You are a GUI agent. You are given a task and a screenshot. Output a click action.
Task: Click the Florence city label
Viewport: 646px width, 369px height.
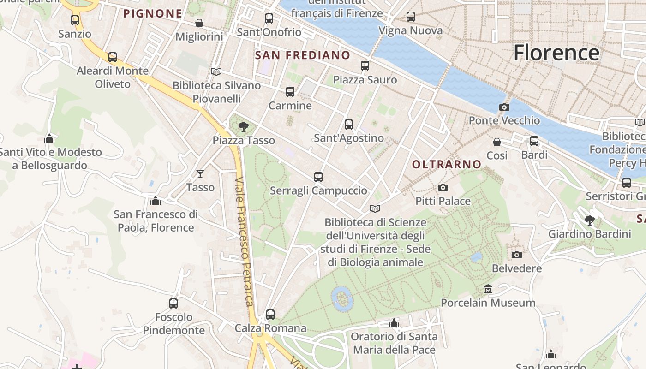point(556,53)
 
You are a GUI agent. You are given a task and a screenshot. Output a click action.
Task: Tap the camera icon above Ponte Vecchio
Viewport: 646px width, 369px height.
point(504,107)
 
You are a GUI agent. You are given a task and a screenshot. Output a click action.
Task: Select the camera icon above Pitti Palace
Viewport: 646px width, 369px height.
point(443,187)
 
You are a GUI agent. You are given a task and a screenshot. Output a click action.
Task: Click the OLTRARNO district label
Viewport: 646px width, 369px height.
point(447,164)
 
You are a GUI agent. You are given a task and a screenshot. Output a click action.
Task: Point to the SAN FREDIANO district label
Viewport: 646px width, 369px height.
point(303,55)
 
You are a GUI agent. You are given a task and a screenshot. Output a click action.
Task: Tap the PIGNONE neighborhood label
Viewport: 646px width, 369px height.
point(153,13)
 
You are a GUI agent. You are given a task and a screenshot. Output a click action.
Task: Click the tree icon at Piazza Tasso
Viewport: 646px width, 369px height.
point(243,127)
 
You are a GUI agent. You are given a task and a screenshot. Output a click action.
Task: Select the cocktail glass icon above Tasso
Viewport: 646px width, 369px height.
point(200,174)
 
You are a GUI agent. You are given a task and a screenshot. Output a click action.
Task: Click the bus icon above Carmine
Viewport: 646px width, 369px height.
point(290,92)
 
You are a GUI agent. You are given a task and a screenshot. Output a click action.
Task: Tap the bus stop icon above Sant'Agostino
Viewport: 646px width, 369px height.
point(349,124)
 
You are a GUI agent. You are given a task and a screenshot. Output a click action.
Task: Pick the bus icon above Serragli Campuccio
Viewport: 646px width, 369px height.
point(318,177)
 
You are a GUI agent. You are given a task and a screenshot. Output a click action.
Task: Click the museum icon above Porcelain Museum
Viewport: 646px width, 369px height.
point(488,289)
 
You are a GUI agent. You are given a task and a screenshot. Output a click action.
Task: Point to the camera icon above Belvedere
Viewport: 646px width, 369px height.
point(517,255)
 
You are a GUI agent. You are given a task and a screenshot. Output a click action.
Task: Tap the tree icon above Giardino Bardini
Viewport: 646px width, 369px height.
point(589,220)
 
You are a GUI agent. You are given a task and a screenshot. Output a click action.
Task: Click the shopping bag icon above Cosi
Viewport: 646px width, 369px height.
point(497,142)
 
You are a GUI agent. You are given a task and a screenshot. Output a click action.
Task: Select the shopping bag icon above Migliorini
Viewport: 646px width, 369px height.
point(199,23)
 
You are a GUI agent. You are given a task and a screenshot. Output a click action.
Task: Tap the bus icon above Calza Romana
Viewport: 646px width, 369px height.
point(270,315)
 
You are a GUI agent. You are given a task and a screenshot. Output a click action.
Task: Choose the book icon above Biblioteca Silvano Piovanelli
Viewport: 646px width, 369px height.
point(216,71)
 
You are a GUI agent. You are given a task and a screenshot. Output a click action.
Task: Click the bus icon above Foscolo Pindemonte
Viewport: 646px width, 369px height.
point(173,303)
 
